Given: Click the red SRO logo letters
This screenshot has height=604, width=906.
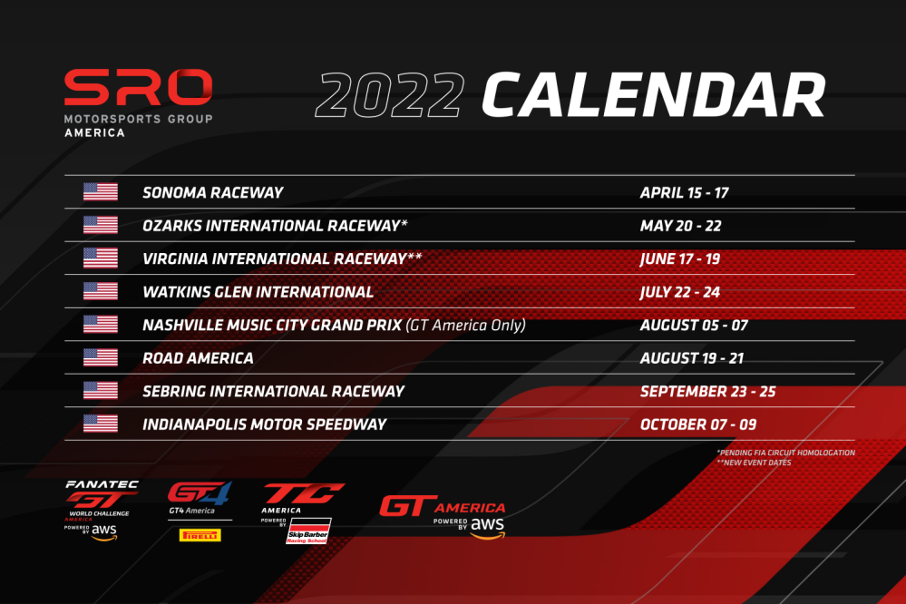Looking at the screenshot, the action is click(x=138, y=87).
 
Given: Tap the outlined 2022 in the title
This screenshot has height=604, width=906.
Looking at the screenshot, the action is click(x=390, y=95).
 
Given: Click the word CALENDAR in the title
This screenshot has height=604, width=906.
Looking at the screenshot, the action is click(x=654, y=95).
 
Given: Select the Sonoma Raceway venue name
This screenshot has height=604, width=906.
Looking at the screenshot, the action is click(x=212, y=192).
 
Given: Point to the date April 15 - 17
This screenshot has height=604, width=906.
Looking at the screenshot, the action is click(x=684, y=192).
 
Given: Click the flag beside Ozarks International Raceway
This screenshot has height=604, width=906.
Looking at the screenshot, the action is click(x=101, y=225).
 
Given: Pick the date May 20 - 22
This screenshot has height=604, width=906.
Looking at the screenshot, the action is click(x=681, y=226).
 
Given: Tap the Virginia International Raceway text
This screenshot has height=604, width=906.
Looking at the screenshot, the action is click(x=282, y=258).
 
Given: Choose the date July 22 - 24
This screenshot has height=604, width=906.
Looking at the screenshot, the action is click(x=680, y=292).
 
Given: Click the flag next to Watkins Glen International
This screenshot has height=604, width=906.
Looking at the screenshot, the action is click(x=101, y=291).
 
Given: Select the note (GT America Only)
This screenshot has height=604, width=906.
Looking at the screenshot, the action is click(x=466, y=325).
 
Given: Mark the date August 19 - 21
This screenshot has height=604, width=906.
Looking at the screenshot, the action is click(x=692, y=358).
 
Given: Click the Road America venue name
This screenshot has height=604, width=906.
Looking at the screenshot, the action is click(x=199, y=358).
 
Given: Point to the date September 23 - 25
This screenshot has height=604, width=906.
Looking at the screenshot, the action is click(x=707, y=391).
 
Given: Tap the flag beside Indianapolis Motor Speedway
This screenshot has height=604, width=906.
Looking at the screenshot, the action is click(x=101, y=424).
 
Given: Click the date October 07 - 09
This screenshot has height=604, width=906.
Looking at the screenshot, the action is click(x=698, y=424).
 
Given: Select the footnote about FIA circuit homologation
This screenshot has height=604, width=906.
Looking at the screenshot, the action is click(x=785, y=453).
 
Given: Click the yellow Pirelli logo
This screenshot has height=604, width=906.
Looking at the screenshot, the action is click(x=200, y=535).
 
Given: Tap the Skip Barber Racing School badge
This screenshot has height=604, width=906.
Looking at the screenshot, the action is click(x=308, y=531).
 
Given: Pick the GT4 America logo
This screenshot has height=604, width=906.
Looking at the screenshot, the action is click(x=200, y=497).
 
